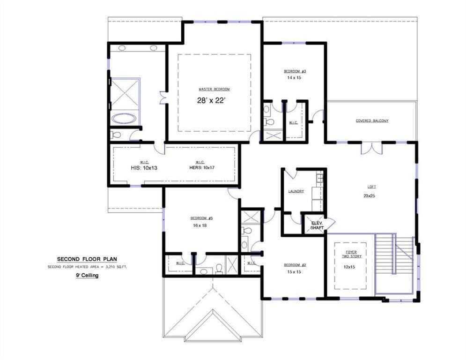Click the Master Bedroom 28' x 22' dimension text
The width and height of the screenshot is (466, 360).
pos(214,100)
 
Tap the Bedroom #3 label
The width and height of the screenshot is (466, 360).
pos(295,71)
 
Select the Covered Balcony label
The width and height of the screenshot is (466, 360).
pos(372,120)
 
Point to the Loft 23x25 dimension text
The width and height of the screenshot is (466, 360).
pos(369,195)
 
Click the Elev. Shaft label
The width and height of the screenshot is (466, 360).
pos(317,225)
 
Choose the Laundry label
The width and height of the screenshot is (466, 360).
pos(296,191)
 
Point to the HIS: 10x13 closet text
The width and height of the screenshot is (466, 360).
pos(144,168)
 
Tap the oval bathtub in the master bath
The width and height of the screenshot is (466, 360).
pos(124,118)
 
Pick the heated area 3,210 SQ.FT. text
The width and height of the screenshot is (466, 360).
pos(87,267)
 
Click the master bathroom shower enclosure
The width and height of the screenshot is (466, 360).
pos(125,93)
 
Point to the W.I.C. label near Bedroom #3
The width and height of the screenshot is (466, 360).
pos(293,123)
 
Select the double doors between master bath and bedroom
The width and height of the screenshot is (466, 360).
pos(163,98)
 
